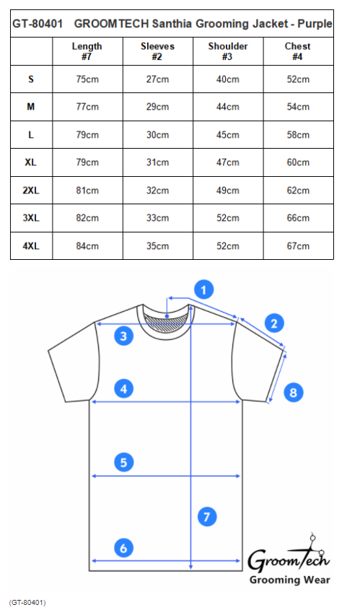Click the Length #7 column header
coord(87,51)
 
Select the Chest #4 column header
coord(298,51)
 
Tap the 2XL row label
coord(31,191)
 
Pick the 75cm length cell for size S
coord(87,79)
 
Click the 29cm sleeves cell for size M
coord(157,107)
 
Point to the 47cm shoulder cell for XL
coord(228,162)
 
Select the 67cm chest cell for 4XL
coord(298,246)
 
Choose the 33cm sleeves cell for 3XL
coord(157,218)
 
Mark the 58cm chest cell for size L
coord(298,134)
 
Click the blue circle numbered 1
coord(203,289)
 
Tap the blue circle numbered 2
coord(274,323)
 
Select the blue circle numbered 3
coord(123,336)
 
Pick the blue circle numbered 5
coord(123,462)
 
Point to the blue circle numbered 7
coord(207,517)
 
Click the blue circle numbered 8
coord(294,392)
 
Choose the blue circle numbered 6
coord(123,548)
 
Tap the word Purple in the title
coord(315,24)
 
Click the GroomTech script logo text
coord(289,557)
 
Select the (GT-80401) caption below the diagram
coord(27,603)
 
